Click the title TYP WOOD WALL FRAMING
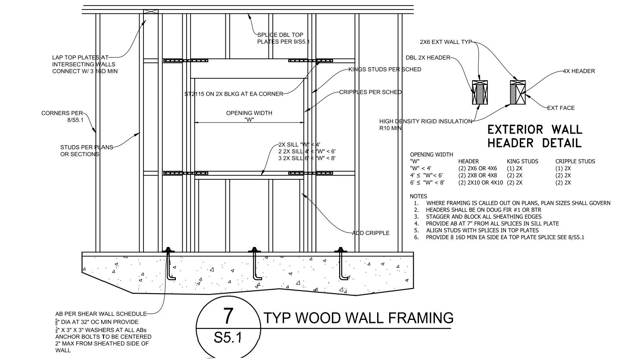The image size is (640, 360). click(358, 318)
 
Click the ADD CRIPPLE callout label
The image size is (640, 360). click(371, 233)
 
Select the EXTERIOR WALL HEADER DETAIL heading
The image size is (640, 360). click(534, 136)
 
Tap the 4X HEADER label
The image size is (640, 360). click(579, 71)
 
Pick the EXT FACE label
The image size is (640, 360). click(561, 108)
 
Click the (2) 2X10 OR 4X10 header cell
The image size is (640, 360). click(481, 182)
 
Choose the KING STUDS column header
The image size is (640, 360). click(522, 161)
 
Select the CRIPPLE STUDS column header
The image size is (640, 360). click(575, 161)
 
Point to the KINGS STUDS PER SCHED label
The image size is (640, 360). click(384, 69)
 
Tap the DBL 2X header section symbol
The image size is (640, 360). click(480, 92)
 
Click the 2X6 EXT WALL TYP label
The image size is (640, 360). click(446, 42)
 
